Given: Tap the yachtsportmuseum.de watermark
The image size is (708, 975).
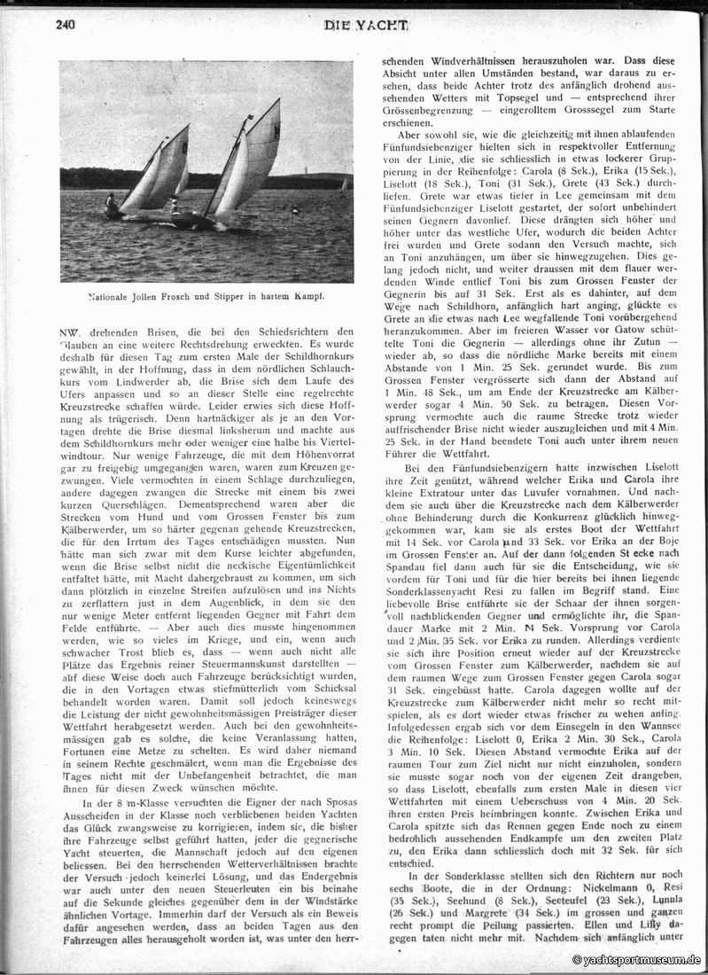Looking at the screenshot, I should pos(637,960).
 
